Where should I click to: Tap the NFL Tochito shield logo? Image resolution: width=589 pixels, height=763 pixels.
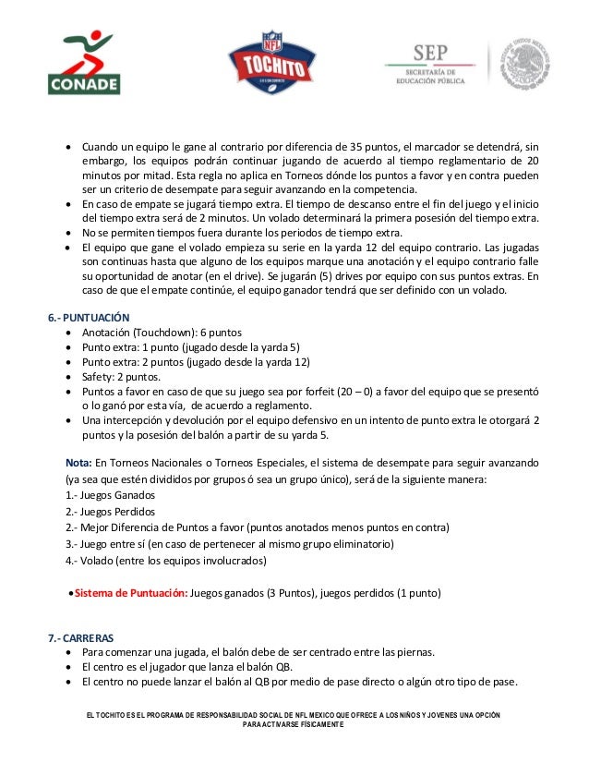pos(264,65)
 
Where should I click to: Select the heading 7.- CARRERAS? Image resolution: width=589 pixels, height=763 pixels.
pos(83,636)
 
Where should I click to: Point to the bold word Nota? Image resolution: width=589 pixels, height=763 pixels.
pos(78,461)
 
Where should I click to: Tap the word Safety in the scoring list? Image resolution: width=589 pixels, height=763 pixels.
pos(100,377)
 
